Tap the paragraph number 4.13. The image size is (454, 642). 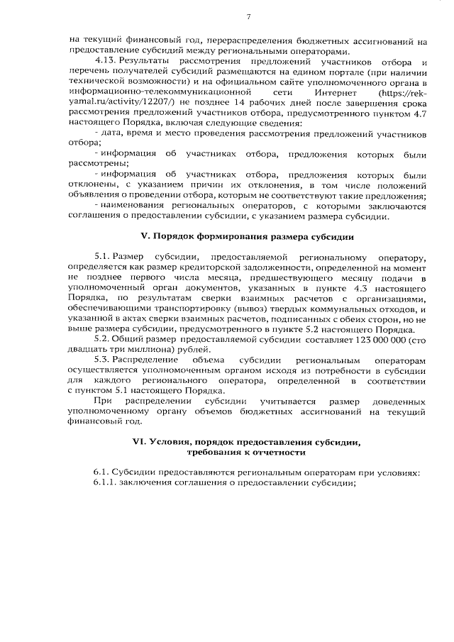[104, 62]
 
